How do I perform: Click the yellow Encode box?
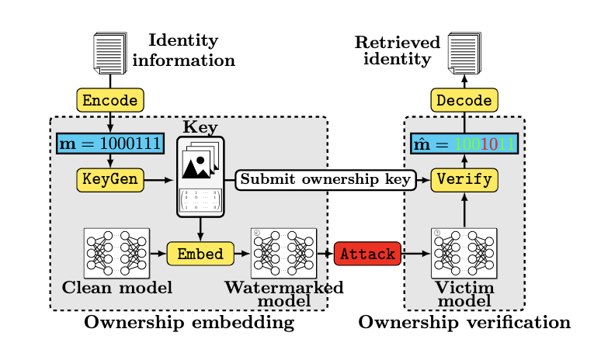pos(110,100)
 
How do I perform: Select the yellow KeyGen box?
pos(110,180)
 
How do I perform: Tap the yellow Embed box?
pos(200,254)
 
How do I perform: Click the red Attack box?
pos(367,254)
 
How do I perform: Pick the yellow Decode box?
pos(464,100)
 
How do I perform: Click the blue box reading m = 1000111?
pos(110,144)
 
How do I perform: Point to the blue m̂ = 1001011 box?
pos(464,144)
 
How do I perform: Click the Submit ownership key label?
pos(325,180)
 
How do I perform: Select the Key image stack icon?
pos(200,164)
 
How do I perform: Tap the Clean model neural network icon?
pos(116,253)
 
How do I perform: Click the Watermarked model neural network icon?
pos(283,253)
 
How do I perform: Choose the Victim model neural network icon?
pos(464,253)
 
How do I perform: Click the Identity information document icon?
pos(109,53)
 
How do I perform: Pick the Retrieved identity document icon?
pos(464,53)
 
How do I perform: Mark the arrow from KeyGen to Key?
pos(159,180)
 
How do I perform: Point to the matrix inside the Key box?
pos(200,201)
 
